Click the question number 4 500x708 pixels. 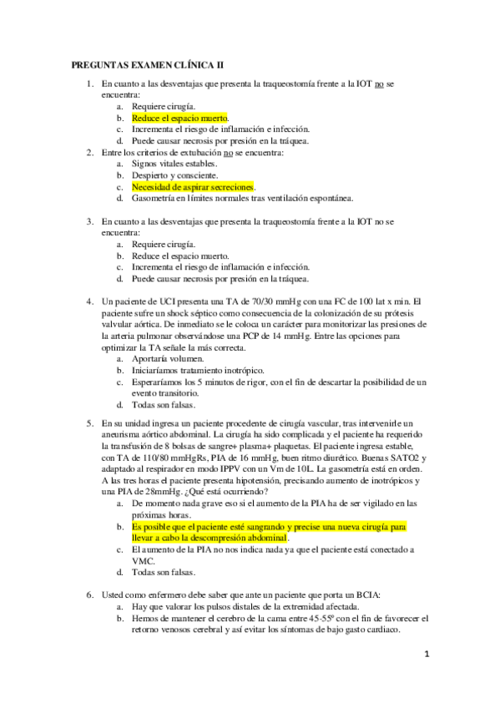90,301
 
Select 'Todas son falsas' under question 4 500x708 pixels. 164,404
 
